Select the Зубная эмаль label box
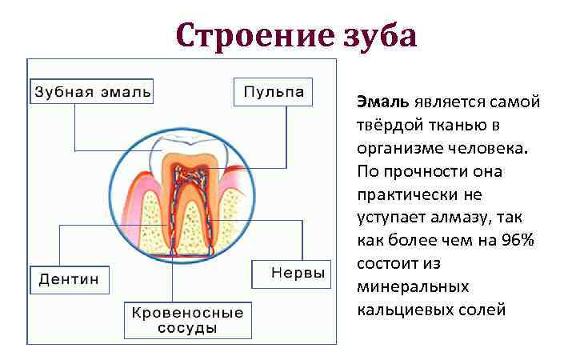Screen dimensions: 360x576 point(92,91)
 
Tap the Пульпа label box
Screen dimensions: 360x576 point(273,91)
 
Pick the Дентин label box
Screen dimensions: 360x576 point(70,279)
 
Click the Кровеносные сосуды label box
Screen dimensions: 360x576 point(187,320)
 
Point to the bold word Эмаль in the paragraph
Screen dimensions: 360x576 point(383,102)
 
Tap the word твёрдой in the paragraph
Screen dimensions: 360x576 point(390,126)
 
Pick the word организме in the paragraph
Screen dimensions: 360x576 point(397,148)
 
